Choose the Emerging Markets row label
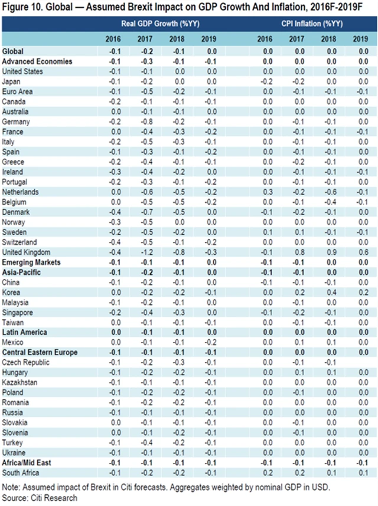pyautogui.click(x=28, y=262)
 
